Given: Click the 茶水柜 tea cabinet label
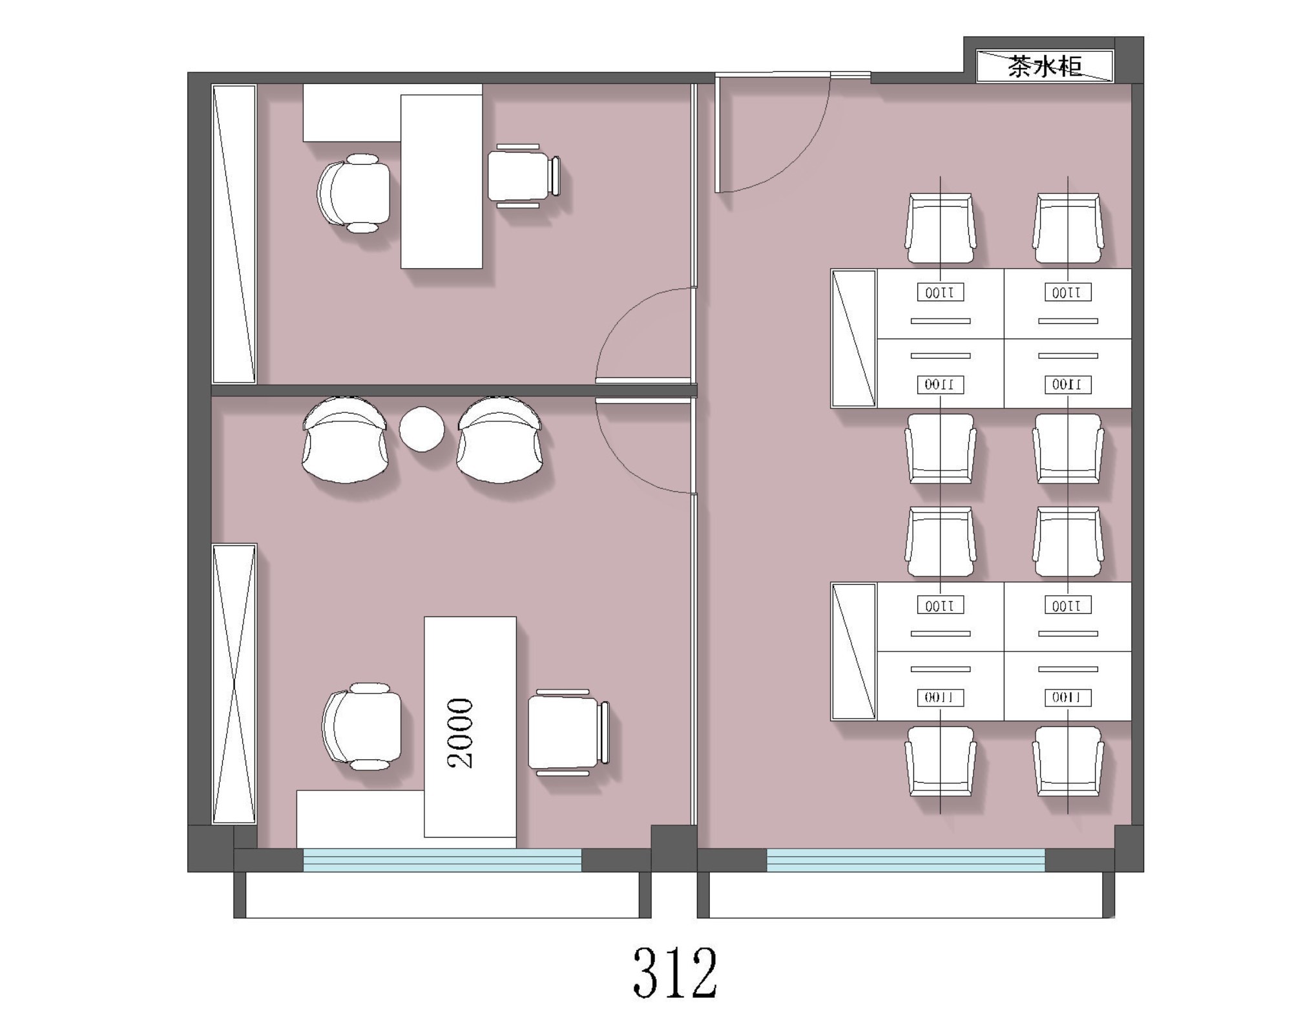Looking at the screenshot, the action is pyautogui.click(x=1044, y=66).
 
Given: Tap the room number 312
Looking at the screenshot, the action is pyautogui.click(x=675, y=973).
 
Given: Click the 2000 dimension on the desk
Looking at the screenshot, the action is pyautogui.click(x=461, y=733).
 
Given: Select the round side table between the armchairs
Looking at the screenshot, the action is pyautogui.click(x=422, y=428).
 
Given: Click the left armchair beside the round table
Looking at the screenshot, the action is pyautogui.click(x=345, y=439).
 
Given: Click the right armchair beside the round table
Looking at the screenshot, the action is pyautogui.click(x=499, y=439).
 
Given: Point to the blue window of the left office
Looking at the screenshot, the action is pyautogui.click(x=443, y=860).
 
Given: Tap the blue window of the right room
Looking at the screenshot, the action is pyautogui.click(x=906, y=860).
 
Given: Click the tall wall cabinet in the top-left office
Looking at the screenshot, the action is pyautogui.click(x=234, y=234).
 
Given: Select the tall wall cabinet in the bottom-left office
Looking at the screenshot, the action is pyautogui.click(x=234, y=684).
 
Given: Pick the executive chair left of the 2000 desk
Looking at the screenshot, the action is pyautogui.click(x=362, y=726).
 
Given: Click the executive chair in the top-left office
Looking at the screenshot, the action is pyautogui.click(x=354, y=193).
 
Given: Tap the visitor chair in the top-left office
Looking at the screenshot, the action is pyautogui.click(x=523, y=176).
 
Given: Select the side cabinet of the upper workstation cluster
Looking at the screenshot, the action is pyautogui.click(x=853, y=338).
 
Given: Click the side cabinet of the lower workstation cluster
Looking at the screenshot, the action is pyautogui.click(x=853, y=651).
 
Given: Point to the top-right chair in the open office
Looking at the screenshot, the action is pyautogui.click(x=1068, y=228).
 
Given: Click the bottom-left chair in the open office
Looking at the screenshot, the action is pyautogui.click(x=941, y=761).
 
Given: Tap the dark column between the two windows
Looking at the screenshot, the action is pyautogui.click(x=674, y=849).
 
